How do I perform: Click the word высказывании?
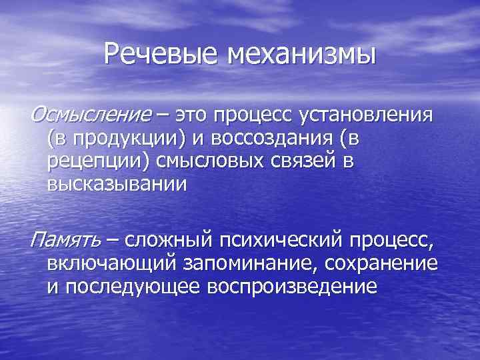click(113, 185)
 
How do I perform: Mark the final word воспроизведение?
click(293, 287)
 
